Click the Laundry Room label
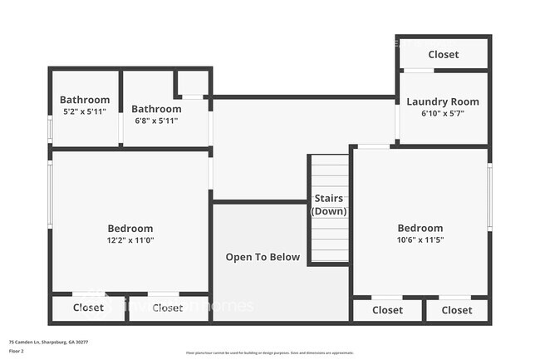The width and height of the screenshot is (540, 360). [443, 101]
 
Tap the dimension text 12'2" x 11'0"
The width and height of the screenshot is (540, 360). [130, 240]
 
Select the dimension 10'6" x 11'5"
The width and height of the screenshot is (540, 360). [420, 240]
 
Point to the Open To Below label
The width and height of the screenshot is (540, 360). [263, 257]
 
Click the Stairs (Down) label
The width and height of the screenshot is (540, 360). [330, 205]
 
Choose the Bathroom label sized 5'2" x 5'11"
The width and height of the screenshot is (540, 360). [85, 100]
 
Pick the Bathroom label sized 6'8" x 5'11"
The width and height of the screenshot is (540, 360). [156, 109]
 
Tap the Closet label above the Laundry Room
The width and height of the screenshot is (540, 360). [443, 55]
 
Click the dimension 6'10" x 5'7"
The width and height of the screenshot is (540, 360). [443, 114]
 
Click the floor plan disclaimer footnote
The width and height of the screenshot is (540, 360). [270, 353]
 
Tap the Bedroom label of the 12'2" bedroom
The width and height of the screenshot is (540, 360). [130, 229]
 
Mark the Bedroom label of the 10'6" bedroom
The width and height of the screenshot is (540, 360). [420, 229]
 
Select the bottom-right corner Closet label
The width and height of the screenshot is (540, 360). [456, 310]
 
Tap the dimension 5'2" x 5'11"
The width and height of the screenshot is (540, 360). [85, 111]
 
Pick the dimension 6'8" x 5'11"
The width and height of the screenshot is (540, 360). [156, 121]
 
